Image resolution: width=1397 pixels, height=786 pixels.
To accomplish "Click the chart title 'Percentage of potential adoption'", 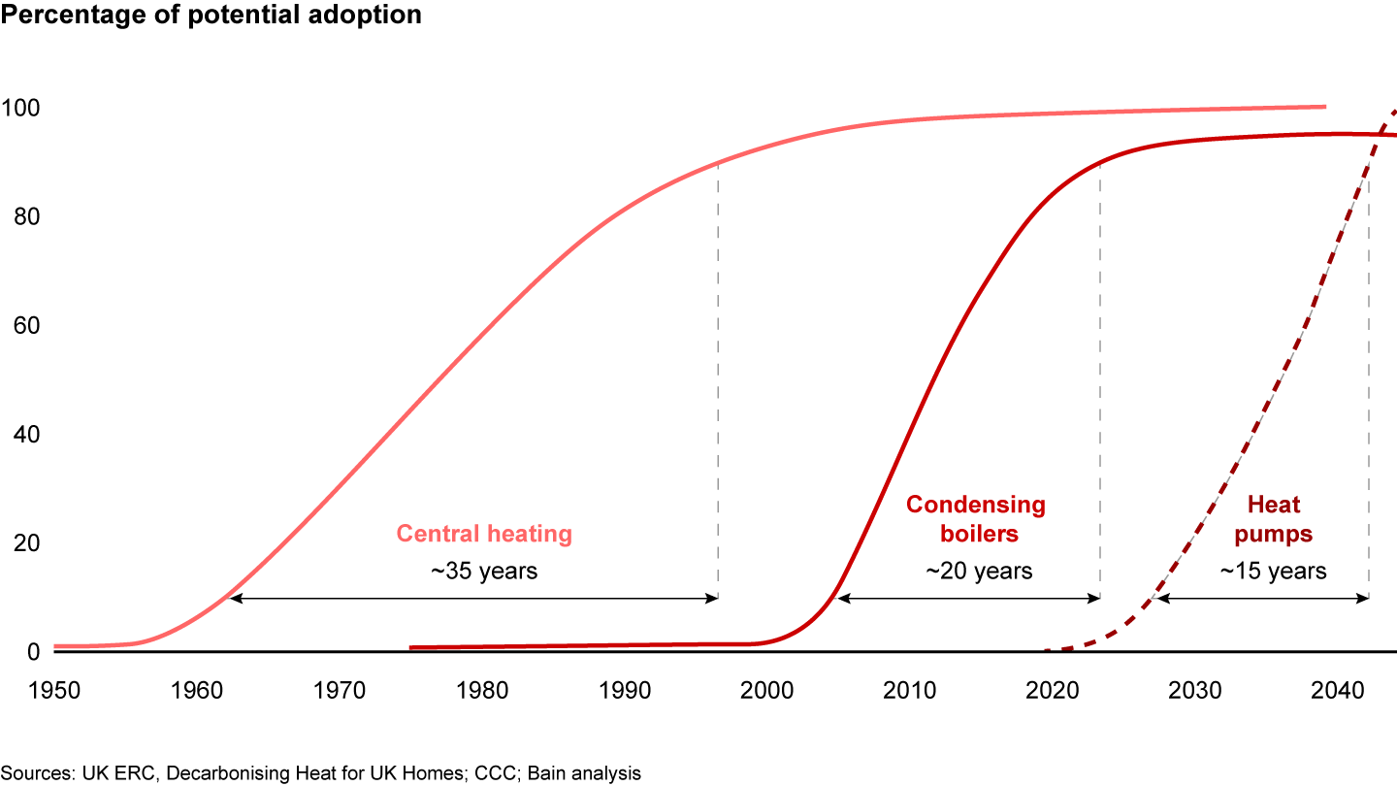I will tap(211, 16).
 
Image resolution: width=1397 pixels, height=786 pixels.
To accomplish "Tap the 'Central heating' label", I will tap(484, 534).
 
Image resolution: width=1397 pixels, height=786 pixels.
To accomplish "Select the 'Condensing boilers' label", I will tap(976, 519).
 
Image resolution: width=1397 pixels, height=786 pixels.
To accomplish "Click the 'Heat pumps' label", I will tap(1274, 519).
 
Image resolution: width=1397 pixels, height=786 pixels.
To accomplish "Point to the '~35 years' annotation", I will tap(484, 571).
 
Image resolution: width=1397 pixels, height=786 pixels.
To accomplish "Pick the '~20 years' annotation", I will tap(979, 571).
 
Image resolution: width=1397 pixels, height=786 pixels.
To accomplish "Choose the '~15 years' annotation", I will tap(1273, 571).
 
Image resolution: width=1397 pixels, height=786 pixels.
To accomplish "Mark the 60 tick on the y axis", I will tap(25, 326).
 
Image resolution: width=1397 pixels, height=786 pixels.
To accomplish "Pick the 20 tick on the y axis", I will tap(25, 543).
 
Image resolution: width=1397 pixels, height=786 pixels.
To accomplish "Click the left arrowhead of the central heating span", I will tap(235, 599).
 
